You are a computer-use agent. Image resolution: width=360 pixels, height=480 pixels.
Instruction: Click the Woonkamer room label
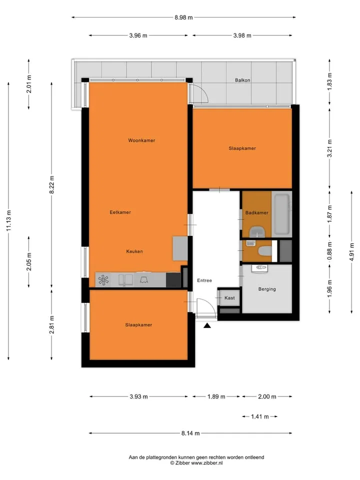point(141,140)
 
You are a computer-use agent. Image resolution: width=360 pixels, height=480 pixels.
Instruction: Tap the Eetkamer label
point(120,212)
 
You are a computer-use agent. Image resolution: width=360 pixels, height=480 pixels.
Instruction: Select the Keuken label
point(134,251)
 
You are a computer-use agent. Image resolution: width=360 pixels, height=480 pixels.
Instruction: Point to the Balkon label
point(242,80)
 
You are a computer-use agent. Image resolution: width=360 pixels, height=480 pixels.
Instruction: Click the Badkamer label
point(257,213)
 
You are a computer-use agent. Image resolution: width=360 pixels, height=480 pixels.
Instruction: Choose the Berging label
point(267,289)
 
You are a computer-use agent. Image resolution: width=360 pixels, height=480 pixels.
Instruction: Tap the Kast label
point(229,298)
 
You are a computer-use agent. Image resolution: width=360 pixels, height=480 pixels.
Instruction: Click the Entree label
point(204,280)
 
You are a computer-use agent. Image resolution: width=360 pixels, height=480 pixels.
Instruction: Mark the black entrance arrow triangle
point(207,325)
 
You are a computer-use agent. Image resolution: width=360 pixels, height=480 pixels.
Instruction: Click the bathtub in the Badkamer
point(281,214)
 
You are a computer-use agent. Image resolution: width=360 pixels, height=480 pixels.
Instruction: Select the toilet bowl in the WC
point(265,251)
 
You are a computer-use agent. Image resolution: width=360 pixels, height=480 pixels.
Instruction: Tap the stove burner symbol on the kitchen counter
point(103,280)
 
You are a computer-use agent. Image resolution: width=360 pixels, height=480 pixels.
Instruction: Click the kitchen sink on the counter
point(125,280)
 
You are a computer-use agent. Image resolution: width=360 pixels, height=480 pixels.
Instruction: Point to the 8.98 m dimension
point(183,17)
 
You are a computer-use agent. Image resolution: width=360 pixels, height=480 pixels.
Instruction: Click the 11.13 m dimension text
point(8,220)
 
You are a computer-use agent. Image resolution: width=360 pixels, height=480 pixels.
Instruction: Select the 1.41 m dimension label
point(260,416)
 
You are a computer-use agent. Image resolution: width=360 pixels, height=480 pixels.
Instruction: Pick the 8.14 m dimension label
point(190,433)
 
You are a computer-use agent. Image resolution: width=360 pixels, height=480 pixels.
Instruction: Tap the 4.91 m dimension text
point(351,252)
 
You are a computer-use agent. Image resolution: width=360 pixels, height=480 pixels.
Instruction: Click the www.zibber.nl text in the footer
point(206,463)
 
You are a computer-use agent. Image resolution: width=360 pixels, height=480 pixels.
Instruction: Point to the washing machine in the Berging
point(259,268)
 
